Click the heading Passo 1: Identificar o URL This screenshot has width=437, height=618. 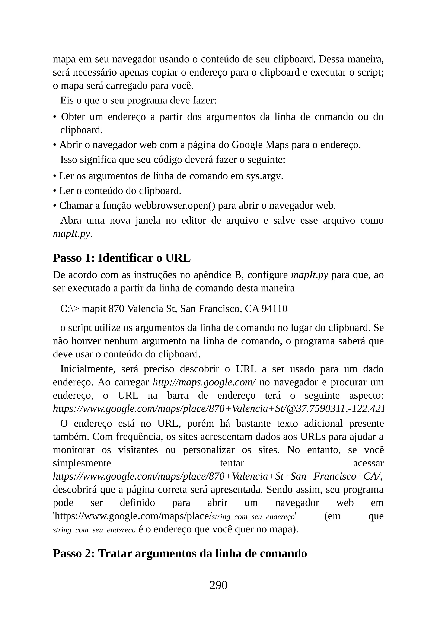122,258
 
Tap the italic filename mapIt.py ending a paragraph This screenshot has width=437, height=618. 71,234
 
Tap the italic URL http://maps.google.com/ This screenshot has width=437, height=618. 204,382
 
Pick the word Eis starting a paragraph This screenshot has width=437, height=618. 67,100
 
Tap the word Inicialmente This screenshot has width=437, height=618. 87,369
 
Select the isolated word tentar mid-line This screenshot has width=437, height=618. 232,463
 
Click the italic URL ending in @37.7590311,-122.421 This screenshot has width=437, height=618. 218,409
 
